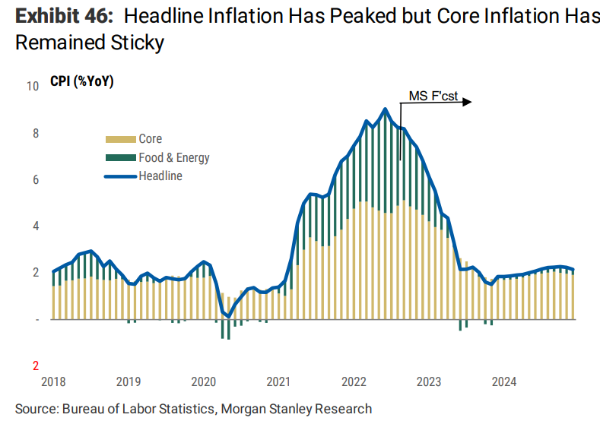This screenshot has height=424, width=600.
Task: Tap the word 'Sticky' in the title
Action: pyautogui.click(x=138, y=43)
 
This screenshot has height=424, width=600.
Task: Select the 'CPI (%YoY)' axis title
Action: pyautogui.click(x=82, y=82)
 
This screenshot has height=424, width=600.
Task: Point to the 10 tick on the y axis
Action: pyautogui.click(x=33, y=87)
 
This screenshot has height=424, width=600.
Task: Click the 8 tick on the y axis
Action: pyautogui.click(x=36, y=134)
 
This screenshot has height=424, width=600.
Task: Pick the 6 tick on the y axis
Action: pyautogui.click(x=36, y=180)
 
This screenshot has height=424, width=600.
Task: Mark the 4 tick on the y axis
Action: pyautogui.click(x=36, y=226)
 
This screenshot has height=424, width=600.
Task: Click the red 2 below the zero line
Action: pyautogui.click(x=36, y=365)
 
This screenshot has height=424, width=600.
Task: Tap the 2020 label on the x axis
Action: pyautogui.click(x=205, y=382)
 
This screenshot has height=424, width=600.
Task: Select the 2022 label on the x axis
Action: pyautogui.click(x=354, y=382)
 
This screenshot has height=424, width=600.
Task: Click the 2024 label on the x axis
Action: pyautogui.click(x=504, y=382)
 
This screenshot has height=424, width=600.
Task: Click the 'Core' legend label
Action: pyautogui.click(x=150, y=139)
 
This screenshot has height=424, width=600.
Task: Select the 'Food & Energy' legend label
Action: pyautogui.click(x=173, y=158)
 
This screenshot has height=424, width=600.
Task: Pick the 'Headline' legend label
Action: pyautogui.click(x=160, y=176)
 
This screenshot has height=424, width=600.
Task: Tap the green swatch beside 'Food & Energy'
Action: pyautogui.click(x=119, y=158)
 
